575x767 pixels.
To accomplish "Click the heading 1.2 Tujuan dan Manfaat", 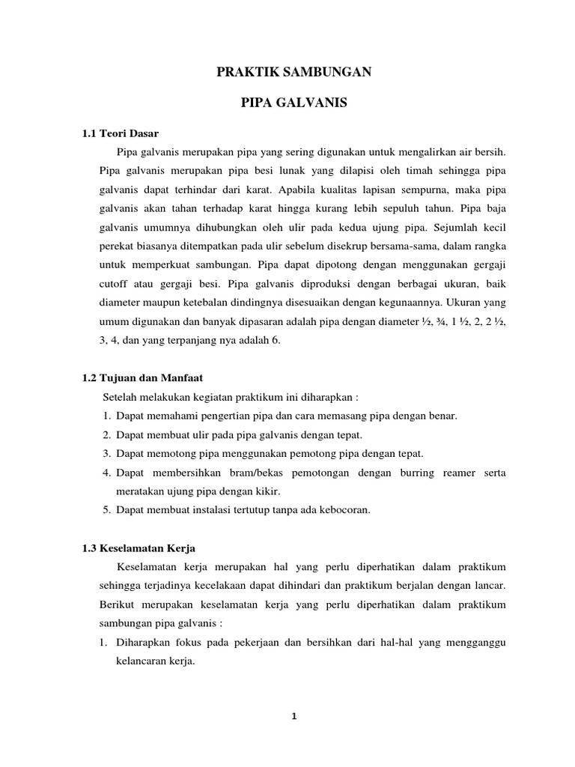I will [x=143, y=378].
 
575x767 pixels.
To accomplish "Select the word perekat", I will [x=117, y=246].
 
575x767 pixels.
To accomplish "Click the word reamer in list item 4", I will [x=452, y=473].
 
